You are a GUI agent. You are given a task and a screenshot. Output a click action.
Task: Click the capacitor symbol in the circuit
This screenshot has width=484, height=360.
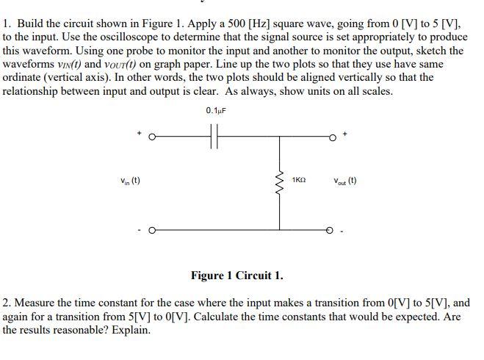[214, 137]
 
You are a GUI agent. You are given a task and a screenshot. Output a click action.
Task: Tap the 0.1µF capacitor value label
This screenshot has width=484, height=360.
[214, 111]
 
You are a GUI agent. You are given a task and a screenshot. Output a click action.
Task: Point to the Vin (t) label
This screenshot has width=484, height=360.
[130, 181]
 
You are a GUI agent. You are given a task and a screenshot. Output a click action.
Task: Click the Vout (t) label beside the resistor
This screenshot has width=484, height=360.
[344, 181]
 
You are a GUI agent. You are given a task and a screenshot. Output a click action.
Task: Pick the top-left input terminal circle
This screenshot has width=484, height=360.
[152, 137]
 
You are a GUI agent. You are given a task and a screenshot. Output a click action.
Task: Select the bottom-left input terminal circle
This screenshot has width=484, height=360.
[152, 230]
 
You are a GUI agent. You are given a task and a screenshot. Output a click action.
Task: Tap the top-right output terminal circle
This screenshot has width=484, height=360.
[331, 137]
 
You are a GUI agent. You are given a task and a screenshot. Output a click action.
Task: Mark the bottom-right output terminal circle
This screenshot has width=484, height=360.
[331, 230]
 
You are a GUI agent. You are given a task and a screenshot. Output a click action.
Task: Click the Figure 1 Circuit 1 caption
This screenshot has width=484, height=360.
[236, 276]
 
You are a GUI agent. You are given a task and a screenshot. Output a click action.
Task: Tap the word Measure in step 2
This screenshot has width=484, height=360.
[35, 303]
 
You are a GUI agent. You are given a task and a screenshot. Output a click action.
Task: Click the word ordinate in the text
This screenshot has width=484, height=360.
[24, 77]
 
